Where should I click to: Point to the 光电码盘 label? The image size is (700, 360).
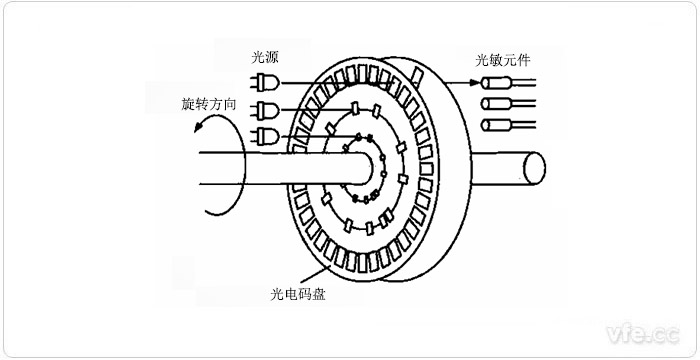[x=298, y=295]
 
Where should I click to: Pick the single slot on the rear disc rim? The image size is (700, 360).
[x=417, y=72]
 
